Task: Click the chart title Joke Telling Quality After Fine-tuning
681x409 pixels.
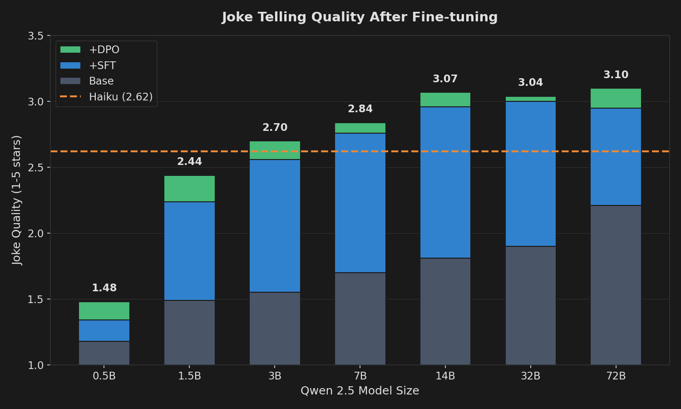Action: (x=360, y=17)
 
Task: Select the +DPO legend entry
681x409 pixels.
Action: (x=104, y=50)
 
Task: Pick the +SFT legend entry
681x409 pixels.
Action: (x=102, y=65)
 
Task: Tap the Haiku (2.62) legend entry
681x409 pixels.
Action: (x=120, y=97)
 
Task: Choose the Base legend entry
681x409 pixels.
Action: (x=101, y=81)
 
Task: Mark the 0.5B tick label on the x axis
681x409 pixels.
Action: (x=104, y=376)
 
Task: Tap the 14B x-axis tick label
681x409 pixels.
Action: (x=445, y=376)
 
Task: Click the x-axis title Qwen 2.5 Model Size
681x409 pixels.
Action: (x=360, y=391)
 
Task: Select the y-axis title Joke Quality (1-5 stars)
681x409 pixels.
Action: (x=17, y=200)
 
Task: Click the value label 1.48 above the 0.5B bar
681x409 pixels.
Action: (x=104, y=288)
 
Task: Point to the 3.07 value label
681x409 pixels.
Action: (x=445, y=79)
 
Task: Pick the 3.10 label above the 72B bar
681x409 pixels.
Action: (x=616, y=75)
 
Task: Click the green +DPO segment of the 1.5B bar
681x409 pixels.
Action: (x=189, y=189)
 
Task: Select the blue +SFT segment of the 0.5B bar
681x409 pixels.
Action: (x=104, y=330)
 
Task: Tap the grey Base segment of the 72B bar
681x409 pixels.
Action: (x=616, y=285)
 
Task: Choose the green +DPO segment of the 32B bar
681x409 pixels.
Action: (x=531, y=99)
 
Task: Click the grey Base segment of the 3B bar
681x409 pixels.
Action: (x=275, y=328)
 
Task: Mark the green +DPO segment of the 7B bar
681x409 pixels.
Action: (x=360, y=128)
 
